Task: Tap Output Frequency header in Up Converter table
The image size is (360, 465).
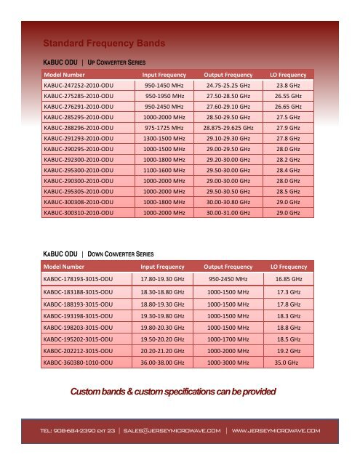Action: tap(228, 74)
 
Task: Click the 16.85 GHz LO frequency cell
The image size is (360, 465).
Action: tap(289, 279)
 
